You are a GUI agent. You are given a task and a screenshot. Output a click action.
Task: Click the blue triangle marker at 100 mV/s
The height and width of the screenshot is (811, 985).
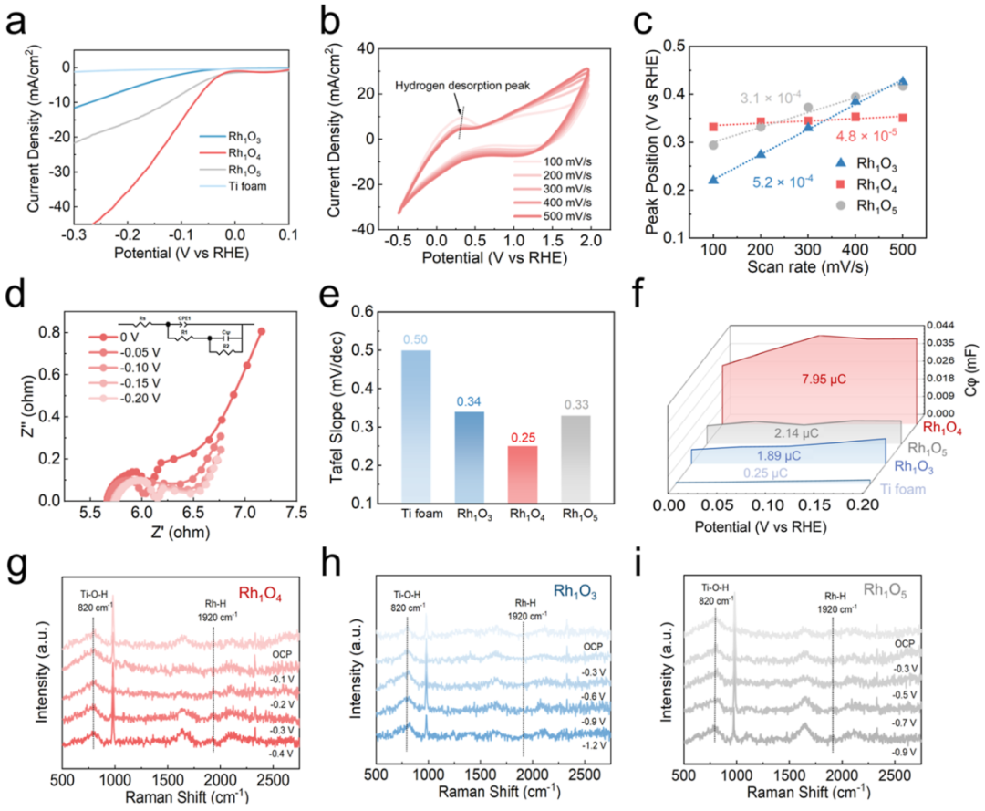pyautogui.click(x=713, y=180)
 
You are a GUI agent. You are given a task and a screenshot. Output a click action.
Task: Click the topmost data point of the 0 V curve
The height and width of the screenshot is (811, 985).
pyautogui.click(x=261, y=332)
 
